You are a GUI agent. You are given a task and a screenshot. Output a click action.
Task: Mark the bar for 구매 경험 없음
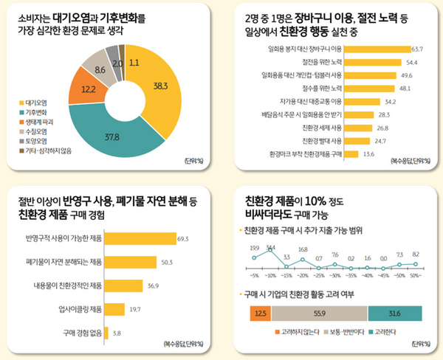pyautogui.click(x=107, y=333)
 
